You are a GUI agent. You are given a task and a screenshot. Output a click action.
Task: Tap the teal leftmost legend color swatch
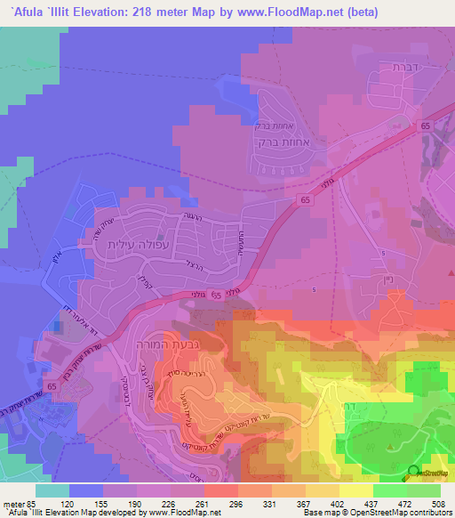(x=52, y=490)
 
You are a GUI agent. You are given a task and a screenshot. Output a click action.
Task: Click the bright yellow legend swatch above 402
(x=356, y=490)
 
